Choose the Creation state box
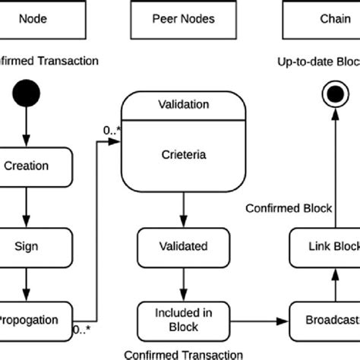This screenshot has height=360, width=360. pos(26,166)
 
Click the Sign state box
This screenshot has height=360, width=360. pos(26,247)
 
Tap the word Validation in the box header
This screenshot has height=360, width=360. pos(183,105)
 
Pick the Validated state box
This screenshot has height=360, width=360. pos(183,247)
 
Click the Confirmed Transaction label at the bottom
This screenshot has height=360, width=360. pos(183,353)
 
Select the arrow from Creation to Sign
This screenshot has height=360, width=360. pos(26,206)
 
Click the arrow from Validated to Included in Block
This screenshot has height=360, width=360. pos(183,283)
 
